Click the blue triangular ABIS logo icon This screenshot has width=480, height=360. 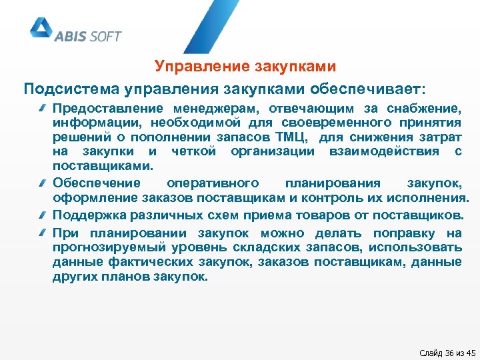40,29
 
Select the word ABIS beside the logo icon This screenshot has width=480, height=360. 71,36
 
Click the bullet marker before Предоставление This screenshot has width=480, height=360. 42,108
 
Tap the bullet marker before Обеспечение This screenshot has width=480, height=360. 42,183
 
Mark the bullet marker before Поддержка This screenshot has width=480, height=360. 42,215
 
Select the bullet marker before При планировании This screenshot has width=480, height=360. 42,233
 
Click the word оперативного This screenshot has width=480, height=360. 212,183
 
